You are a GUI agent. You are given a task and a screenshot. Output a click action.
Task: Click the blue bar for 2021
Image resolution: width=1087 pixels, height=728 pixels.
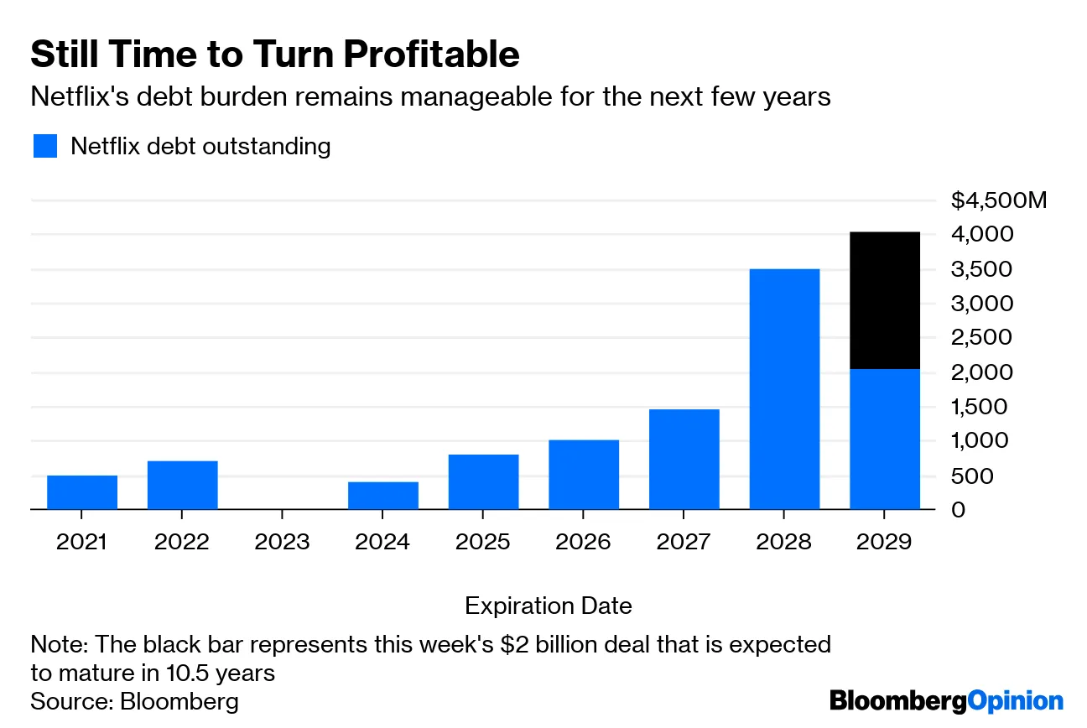pyautogui.click(x=82, y=492)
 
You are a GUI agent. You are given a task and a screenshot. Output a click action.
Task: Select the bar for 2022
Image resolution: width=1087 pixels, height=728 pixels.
pyautogui.click(x=183, y=485)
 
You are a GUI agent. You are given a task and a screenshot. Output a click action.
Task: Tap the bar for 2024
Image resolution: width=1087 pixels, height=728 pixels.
pyautogui.click(x=383, y=496)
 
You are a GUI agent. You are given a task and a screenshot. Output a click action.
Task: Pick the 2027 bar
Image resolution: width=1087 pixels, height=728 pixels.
pyautogui.click(x=684, y=459)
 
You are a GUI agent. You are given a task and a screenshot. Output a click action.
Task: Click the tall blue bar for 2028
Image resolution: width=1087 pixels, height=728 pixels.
pyautogui.click(x=784, y=389)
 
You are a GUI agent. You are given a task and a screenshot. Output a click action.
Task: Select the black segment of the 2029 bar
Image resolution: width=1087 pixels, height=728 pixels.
pyautogui.click(x=885, y=300)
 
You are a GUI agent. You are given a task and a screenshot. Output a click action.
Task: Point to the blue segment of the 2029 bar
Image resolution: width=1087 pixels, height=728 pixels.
pyautogui.click(x=885, y=439)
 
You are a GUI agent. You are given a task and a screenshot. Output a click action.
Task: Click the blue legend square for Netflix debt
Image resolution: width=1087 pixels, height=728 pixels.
pyautogui.click(x=45, y=146)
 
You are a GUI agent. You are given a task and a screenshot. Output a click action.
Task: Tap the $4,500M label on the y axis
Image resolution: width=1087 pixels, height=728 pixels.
pyautogui.click(x=999, y=200)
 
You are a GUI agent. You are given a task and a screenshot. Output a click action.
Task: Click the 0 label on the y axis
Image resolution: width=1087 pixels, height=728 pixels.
pyautogui.click(x=958, y=509)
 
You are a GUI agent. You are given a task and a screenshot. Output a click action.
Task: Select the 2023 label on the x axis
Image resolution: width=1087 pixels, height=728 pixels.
pyautogui.click(x=282, y=542)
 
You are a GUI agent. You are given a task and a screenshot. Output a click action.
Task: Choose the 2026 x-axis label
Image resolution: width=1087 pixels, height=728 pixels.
pyautogui.click(x=584, y=542)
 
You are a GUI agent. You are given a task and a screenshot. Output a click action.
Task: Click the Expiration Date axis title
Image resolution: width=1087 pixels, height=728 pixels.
pyautogui.click(x=548, y=606)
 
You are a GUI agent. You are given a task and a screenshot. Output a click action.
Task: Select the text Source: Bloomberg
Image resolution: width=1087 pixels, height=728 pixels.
pyautogui.click(x=134, y=701)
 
